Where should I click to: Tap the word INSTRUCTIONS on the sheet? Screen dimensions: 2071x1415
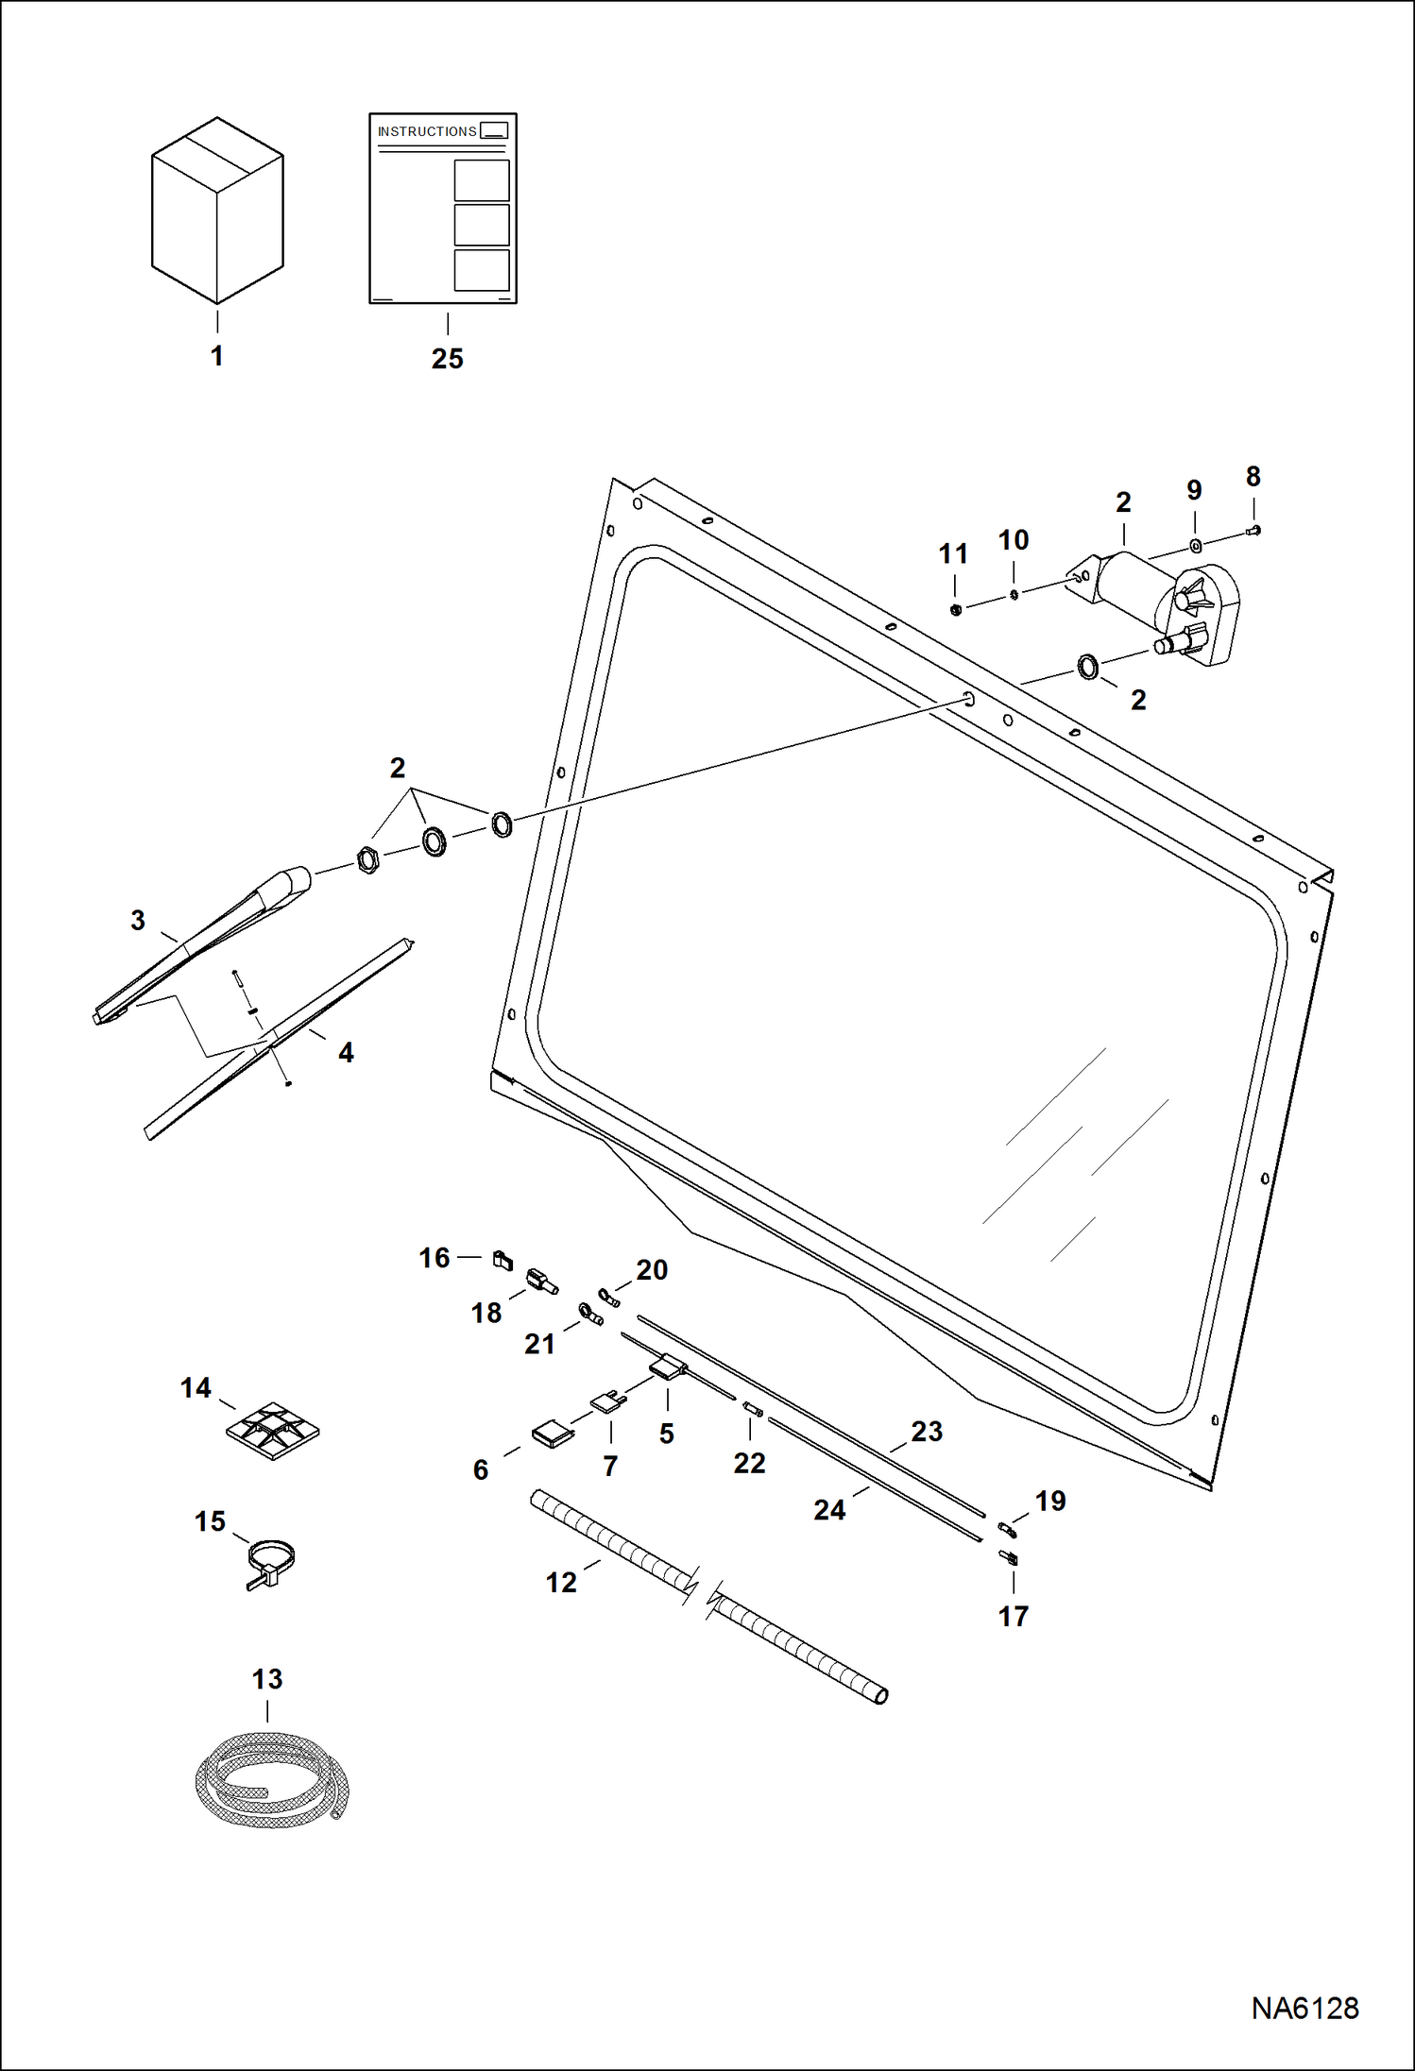[x=427, y=131]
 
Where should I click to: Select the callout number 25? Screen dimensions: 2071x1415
[x=447, y=359]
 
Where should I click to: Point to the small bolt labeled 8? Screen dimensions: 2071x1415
[x=1254, y=531]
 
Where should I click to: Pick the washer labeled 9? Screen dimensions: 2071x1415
[x=1195, y=546]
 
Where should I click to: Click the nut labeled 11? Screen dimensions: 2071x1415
[x=955, y=609]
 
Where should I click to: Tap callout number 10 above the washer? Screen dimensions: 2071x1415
[x=1013, y=540]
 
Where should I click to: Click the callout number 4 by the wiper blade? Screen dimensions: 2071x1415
[x=346, y=1052]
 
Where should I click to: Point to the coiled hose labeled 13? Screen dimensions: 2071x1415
[x=271, y=1781]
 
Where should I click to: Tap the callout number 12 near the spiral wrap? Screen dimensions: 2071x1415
[x=560, y=1583]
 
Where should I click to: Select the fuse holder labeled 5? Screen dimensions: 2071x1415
[x=668, y=1367]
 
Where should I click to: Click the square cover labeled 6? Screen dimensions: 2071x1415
[x=553, y=1435]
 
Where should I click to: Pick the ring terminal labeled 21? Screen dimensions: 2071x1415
[x=590, y=1314]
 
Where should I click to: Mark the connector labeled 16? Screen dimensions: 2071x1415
[x=503, y=1259]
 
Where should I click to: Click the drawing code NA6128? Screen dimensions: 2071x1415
[x=1304, y=2009]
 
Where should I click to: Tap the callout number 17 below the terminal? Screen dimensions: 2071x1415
[x=1013, y=1617]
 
